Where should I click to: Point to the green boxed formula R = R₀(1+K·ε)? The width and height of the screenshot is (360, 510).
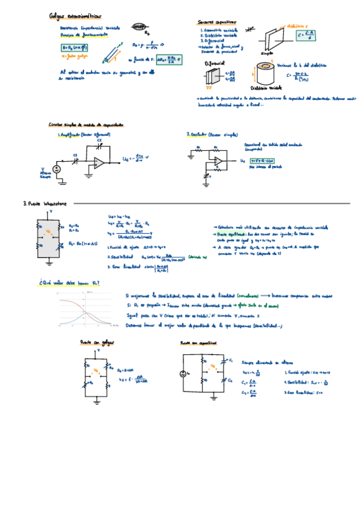(x=75, y=48)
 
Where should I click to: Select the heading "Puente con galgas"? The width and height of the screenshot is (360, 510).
(x=97, y=342)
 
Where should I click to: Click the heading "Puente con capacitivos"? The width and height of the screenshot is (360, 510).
(x=198, y=343)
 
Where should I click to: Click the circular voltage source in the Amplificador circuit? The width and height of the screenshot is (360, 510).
(x=58, y=169)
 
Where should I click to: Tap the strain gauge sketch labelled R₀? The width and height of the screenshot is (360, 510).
(x=141, y=27)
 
